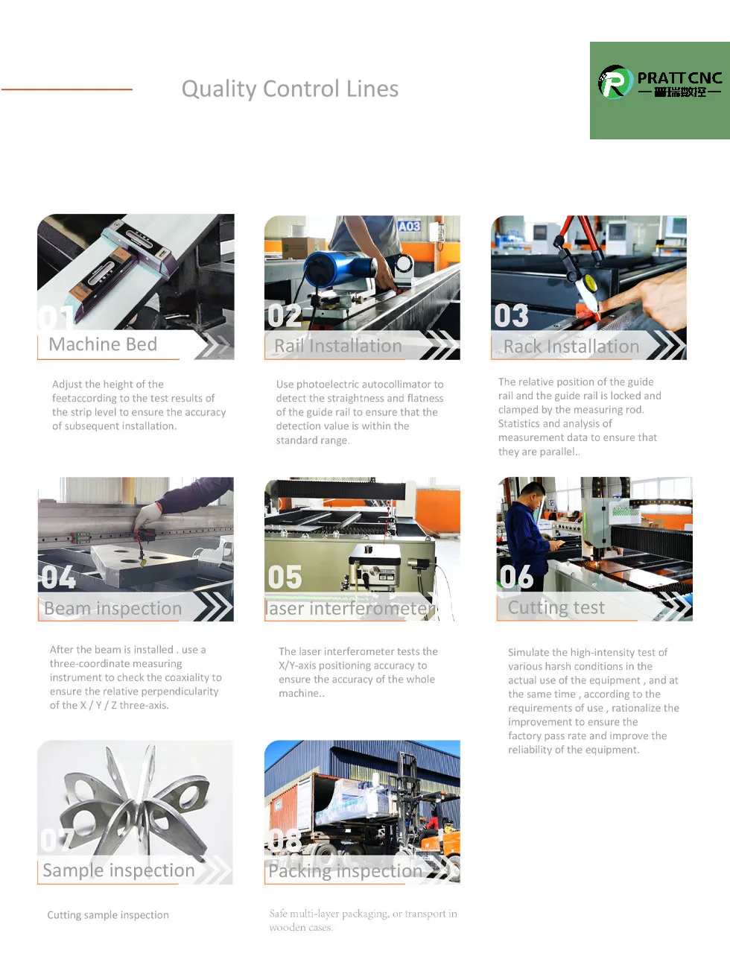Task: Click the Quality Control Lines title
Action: (290, 89)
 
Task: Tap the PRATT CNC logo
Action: (659, 83)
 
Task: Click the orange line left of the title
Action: (66, 89)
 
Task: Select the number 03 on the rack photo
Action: (511, 316)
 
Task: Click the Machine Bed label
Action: (103, 344)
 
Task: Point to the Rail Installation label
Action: (338, 346)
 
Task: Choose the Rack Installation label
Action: (571, 347)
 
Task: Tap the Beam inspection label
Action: (112, 609)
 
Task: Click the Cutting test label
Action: (556, 608)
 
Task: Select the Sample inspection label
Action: (118, 870)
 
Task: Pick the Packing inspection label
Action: (345, 871)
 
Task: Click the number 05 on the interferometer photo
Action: (285, 578)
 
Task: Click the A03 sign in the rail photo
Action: (409, 226)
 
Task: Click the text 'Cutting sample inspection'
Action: (108, 915)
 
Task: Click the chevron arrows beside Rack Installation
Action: (666, 345)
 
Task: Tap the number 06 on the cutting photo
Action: (516, 577)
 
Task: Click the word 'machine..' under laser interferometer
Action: (302, 694)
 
